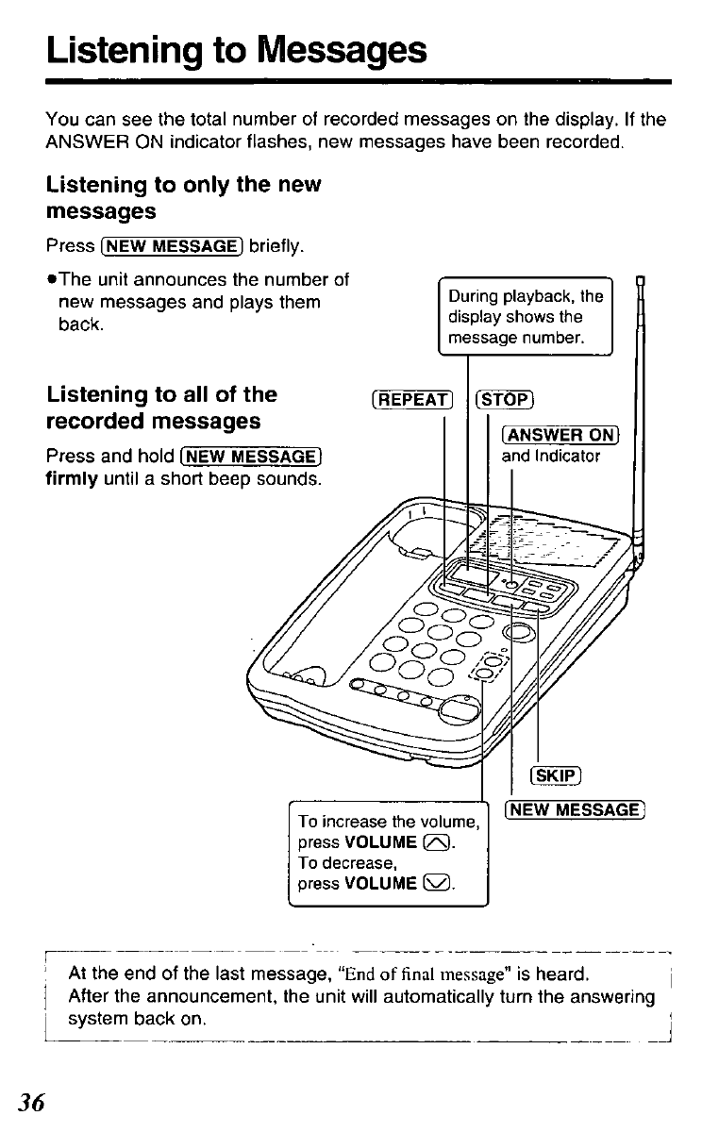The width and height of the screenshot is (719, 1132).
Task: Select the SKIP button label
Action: click(555, 775)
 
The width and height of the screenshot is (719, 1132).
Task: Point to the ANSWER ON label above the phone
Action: click(561, 435)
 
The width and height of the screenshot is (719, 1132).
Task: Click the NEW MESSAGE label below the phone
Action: click(575, 809)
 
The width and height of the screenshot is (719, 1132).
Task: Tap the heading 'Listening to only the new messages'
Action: click(184, 195)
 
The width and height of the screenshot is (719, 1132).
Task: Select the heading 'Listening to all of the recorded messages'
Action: click(161, 407)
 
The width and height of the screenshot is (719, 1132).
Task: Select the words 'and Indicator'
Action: click(550, 457)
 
